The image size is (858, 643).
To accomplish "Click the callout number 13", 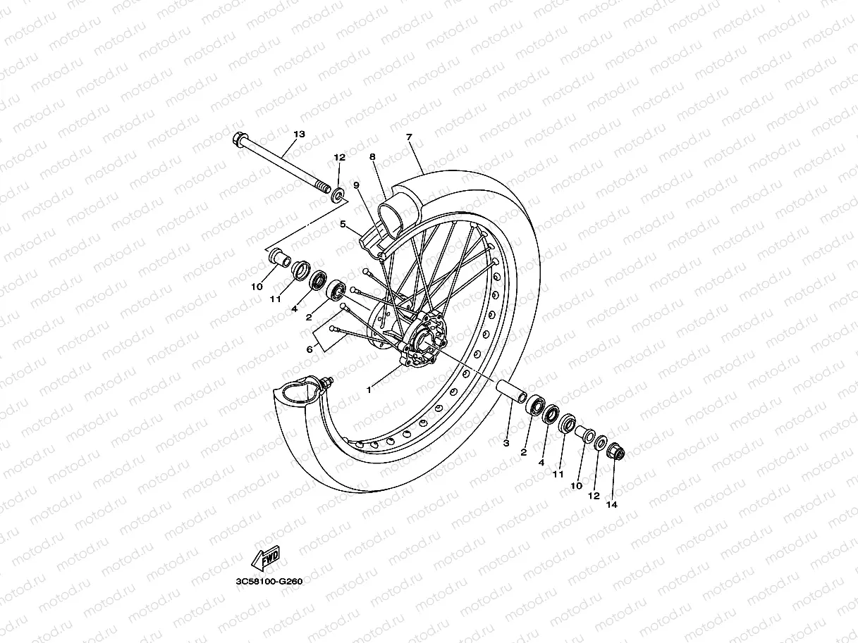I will [x=299, y=134].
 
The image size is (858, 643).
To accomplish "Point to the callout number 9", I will [x=357, y=185].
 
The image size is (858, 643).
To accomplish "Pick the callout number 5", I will [x=343, y=225].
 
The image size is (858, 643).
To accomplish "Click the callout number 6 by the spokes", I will [x=309, y=349].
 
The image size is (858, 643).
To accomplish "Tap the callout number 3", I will [x=506, y=443].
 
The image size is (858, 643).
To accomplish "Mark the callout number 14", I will [x=611, y=504].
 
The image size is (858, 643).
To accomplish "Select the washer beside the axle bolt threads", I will [x=339, y=194].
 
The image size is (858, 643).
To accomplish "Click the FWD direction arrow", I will [x=266, y=558].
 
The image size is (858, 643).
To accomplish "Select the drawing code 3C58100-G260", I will [x=269, y=582].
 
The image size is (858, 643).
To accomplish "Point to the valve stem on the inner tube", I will [x=326, y=383].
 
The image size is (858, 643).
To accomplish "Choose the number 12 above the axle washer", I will [x=339, y=157].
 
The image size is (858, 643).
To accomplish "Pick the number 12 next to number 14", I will [x=594, y=495].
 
